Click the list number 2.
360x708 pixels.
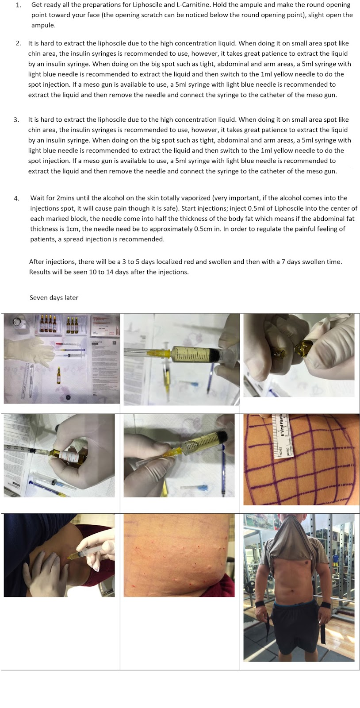pyautogui.click(x=18, y=43)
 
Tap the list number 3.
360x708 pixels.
pyautogui.click(x=16, y=120)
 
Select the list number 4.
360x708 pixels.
pyautogui.click(x=16, y=198)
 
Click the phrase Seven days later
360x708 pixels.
pyautogui.click(x=54, y=298)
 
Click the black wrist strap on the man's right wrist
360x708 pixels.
pyautogui.click(x=264, y=604)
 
